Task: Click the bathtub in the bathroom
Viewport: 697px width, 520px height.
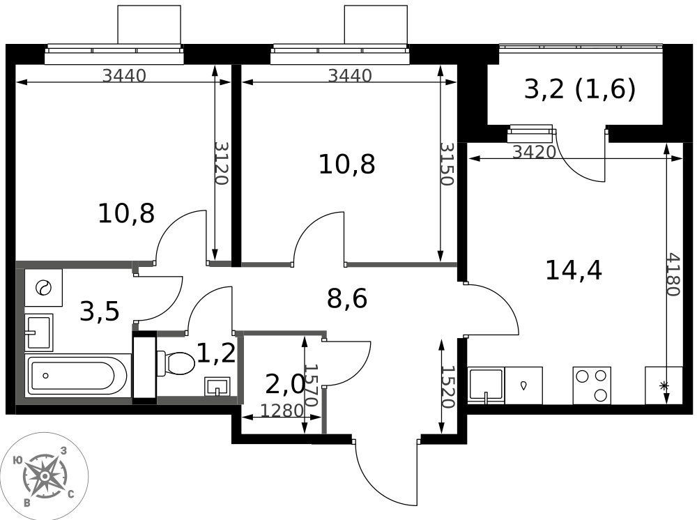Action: coord(78,376)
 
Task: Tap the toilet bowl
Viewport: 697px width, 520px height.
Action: coord(176,363)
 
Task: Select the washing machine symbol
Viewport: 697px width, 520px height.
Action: coord(43,288)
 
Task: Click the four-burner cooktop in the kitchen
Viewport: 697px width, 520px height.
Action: coord(592,385)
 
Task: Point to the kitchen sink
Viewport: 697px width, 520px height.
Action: coord(486,385)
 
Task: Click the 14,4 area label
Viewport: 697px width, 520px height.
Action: coord(574,270)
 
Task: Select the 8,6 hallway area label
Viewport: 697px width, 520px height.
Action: coord(347,298)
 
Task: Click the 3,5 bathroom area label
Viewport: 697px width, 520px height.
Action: coord(100,311)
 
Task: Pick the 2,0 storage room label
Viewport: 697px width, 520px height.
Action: coord(285,385)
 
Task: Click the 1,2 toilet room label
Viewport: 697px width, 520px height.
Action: coord(216,354)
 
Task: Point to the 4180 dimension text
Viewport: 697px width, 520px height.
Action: coord(673,275)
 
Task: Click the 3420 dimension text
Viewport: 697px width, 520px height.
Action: coord(535,153)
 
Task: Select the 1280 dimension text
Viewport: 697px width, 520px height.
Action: coord(282,411)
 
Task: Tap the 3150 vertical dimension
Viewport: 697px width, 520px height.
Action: coord(447,164)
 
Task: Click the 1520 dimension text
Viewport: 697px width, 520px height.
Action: coord(447,387)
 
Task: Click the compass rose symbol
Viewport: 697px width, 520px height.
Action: coord(45,477)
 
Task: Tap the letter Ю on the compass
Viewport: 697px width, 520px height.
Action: coord(18,460)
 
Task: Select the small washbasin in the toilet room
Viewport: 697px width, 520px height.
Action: coord(217,386)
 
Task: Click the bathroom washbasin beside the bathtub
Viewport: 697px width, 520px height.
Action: coord(38,332)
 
